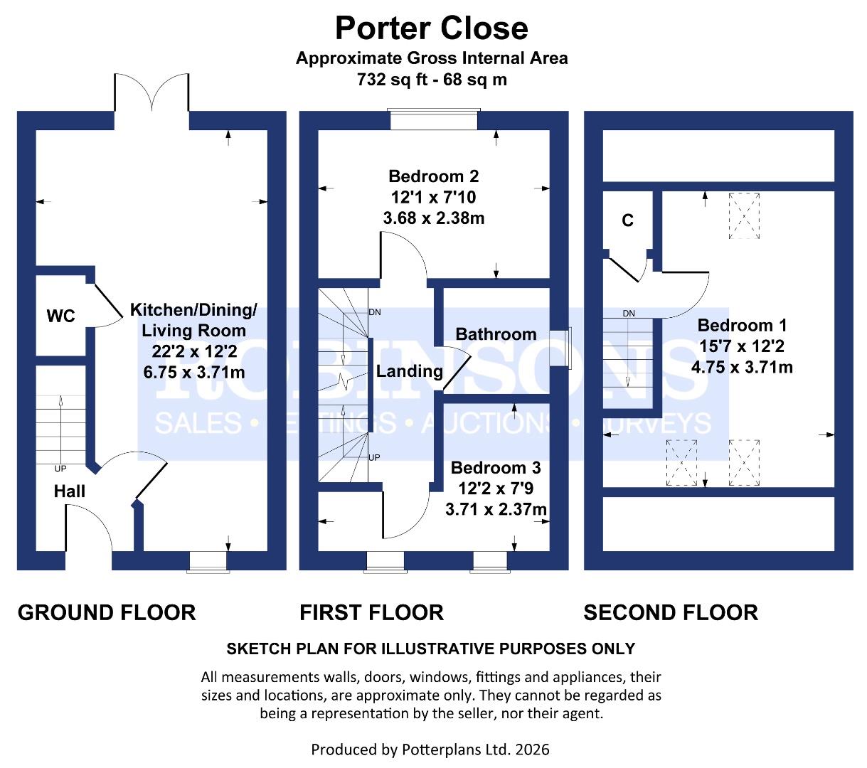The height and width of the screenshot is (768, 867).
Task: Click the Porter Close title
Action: (431, 28)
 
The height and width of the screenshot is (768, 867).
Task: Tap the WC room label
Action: (61, 316)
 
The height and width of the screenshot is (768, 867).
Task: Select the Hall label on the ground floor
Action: (70, 491)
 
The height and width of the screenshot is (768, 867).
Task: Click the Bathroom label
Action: (496, 334)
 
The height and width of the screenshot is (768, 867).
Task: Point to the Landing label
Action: (409, 370)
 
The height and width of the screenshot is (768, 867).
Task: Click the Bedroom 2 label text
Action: (433, 176)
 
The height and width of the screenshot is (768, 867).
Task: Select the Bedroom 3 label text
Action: (496, 468)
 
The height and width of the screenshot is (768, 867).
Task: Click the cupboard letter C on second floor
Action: (627, 221)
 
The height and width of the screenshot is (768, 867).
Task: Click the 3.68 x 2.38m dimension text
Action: (433, 218)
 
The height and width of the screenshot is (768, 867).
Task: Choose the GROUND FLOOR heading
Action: (107, 612)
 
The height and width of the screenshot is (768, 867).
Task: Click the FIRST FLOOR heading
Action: (371, 612)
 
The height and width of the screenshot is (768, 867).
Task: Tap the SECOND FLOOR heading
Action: (671, 612)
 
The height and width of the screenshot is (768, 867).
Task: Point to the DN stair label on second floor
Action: (629, 314)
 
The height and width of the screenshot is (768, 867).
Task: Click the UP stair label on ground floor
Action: (60, 469)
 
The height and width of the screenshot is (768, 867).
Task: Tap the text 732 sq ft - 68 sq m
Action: (432, 80)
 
